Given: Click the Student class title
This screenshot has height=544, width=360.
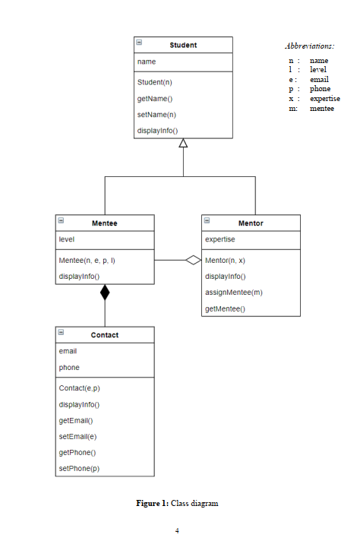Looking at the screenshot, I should point(183,45).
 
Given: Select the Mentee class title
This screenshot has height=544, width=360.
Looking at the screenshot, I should point(105,223).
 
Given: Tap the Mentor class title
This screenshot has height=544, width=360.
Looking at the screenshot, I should point(251,223).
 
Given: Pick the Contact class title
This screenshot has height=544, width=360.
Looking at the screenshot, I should point(105,335).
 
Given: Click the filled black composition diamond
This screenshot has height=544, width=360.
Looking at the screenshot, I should point(105,293).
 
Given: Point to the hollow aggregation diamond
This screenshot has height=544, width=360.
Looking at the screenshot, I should point(194,260).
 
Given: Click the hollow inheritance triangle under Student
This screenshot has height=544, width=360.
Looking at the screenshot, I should point(183,144).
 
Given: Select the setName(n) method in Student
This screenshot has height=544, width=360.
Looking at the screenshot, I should point(156,115).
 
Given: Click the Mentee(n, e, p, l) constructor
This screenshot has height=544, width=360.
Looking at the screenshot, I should point(87,260).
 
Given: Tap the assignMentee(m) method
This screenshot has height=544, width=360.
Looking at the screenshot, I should point(234,293).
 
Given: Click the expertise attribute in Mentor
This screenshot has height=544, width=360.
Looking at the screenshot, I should point(220,239).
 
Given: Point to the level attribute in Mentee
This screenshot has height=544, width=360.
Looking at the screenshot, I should point(66,239).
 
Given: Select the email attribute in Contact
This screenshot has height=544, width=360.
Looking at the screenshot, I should point(68,351).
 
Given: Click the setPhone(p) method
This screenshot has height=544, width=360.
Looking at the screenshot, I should point(79,469).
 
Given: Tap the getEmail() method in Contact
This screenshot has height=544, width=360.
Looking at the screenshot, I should point(76,420).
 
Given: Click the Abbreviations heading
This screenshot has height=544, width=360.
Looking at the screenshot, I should point(309,46).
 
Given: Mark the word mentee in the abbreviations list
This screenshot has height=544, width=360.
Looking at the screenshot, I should point(321,109).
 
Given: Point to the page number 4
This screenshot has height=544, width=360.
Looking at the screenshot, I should point(177,530).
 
